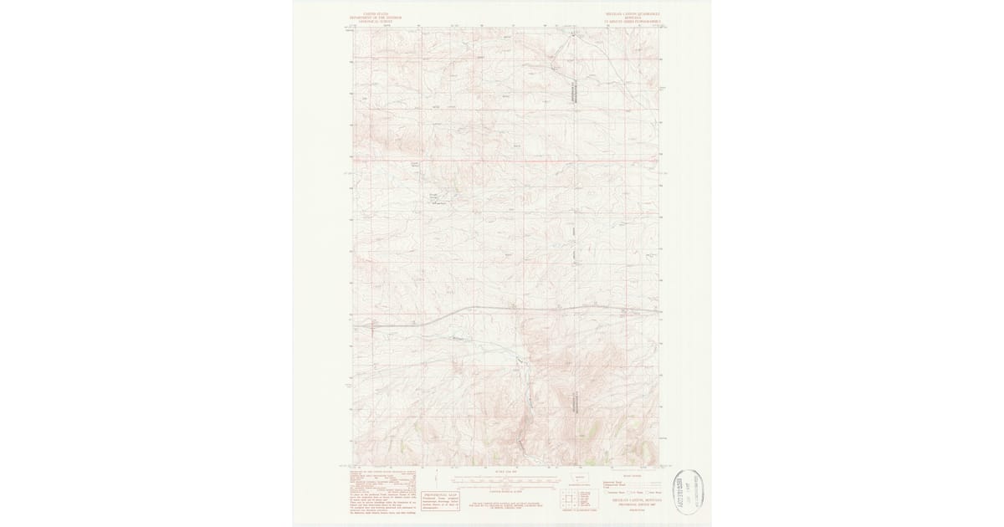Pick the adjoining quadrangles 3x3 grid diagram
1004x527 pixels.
point(571,500)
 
